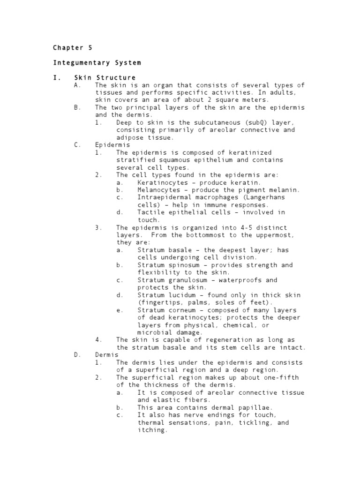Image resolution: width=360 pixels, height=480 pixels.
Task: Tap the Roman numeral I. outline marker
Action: [x=56, y=77]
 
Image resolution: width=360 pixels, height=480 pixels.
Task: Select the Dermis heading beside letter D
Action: [x=107, y=355]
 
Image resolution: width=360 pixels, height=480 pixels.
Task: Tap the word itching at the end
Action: [x=152, y=430]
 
